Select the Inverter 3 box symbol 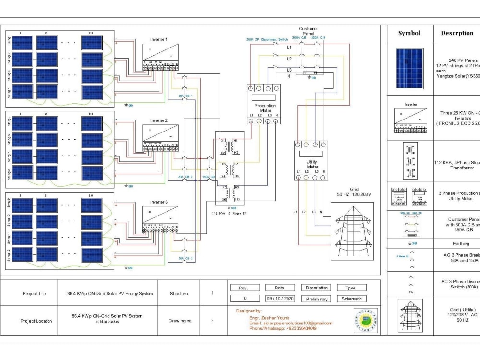click(x=160, y=216)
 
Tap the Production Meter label click(x=265, y=108)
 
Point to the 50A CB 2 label click(x=185, y=177)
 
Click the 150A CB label click(x=208, y=177)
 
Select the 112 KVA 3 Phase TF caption click(x=229, y=212)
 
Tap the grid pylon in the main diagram click(x=352, y=230)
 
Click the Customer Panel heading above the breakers click(x=308, y=31)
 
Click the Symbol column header click(x=409, y=33)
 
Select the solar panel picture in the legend click(x=409, y=68)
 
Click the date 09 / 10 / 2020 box click(x=279, y=299)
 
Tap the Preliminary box click(x=317, y=299)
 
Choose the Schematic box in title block click(x=351, y=299)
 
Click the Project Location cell click(x=37, y=321)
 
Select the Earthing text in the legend click(x=461, y=244)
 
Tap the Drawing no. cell click(x=180, y=321)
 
